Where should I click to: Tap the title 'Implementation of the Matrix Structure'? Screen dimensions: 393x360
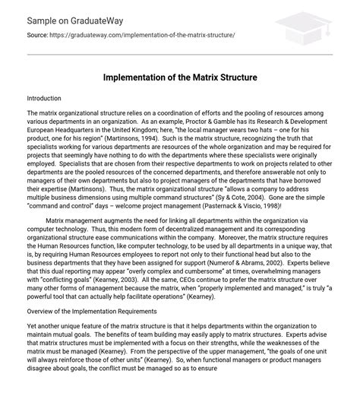(179, 77)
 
